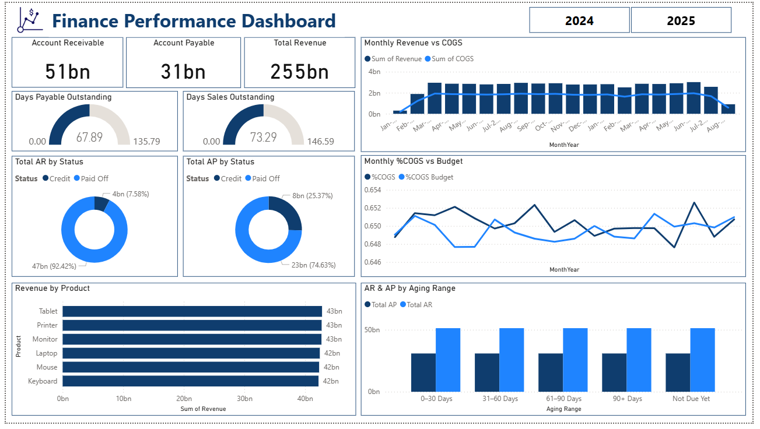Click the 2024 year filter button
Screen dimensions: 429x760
point(579,20)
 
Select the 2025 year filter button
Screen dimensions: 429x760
point(681,20)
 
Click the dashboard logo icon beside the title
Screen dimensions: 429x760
point(30,20)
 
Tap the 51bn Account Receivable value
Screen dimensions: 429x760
point(68,71)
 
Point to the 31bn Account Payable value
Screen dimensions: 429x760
point(183,71)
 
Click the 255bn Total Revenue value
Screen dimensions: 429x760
point(299,71)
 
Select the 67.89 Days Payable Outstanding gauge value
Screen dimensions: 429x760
point(89,137)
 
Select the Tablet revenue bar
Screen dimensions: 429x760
point(192,311)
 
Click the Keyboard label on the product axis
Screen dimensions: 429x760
point(43,381)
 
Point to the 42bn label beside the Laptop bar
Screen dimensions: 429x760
point(331,353)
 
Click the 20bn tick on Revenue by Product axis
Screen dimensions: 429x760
point(184,399)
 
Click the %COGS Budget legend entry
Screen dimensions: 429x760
point(429,177)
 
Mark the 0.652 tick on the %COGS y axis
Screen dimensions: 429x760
point(372,208)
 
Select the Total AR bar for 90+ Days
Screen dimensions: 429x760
point(639,360)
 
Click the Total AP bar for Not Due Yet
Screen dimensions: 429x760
point(678,372)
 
